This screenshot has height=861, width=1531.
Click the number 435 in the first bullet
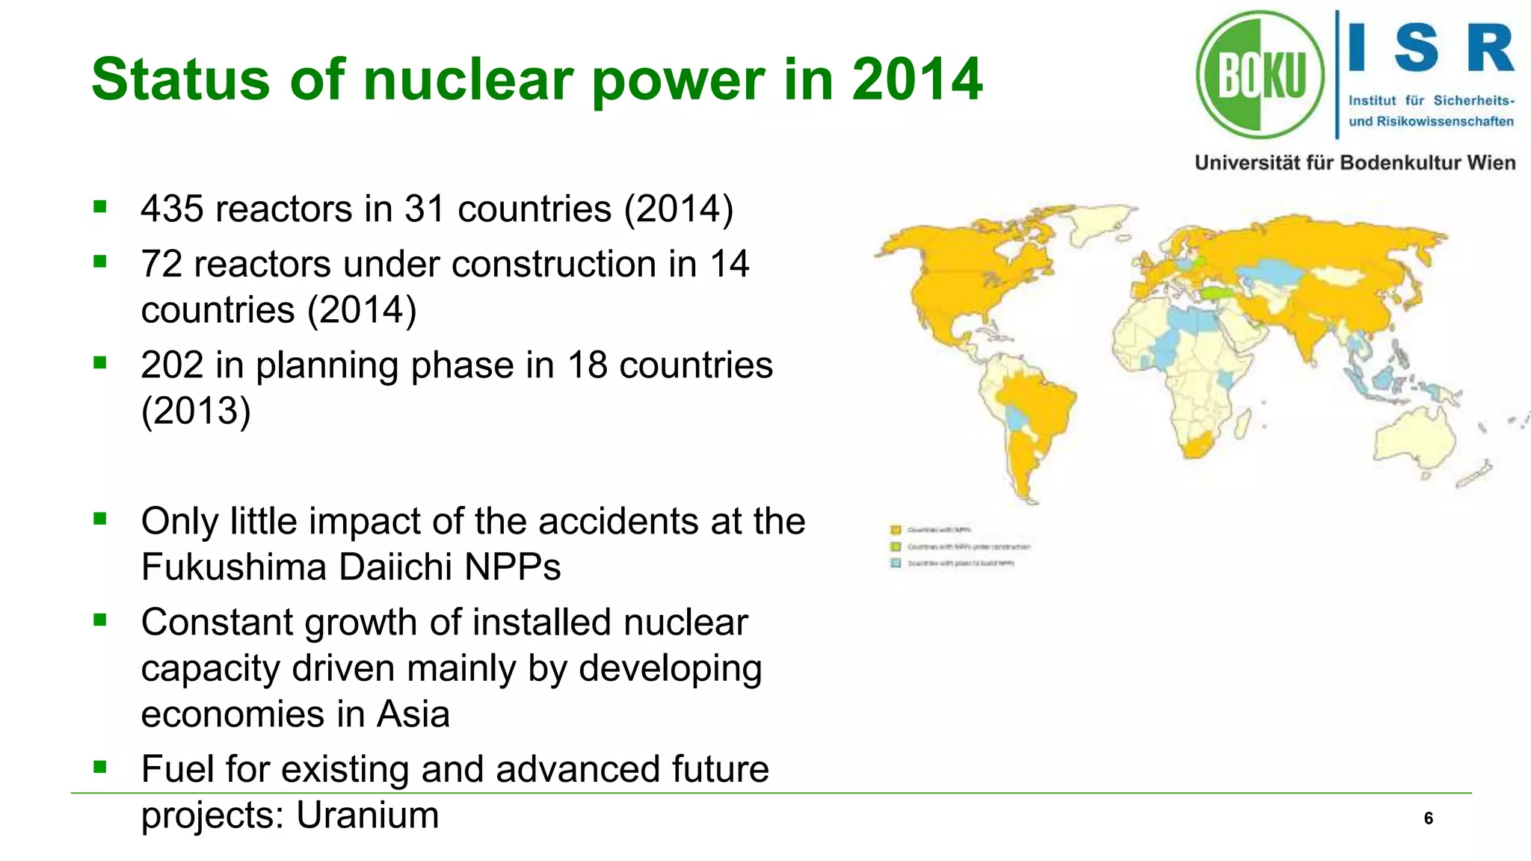[x=172, y=209]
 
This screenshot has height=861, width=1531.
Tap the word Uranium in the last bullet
[x=367, y=815]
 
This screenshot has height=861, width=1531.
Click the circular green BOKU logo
[x=1260, y=75]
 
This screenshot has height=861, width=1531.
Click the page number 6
[x=1428, y=818]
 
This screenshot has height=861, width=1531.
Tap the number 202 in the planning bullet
[x=172, y=366]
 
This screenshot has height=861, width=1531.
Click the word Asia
[x=413, y=715]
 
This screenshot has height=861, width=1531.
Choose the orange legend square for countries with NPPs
[x=896, y=530]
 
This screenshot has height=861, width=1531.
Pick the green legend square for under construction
[x=896, y=546]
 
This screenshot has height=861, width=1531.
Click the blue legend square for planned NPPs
[x=896, y=563]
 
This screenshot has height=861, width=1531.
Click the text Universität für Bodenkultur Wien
[x=1355, y=163]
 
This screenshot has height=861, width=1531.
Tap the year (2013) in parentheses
[x=196, y=412]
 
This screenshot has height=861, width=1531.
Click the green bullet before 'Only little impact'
[x=100, y=518]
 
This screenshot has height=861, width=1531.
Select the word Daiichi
[x=396, y=567]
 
